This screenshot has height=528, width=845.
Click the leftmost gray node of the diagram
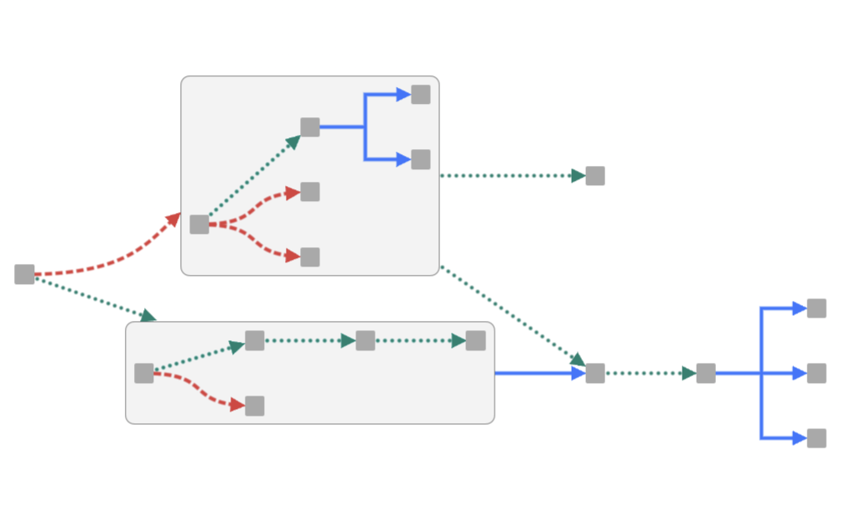tap(24, 274)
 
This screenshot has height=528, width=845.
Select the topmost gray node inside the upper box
tap(421, 94)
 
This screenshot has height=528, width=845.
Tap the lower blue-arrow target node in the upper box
tap(421, 159)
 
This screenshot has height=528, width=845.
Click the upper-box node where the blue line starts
tap(310, 127)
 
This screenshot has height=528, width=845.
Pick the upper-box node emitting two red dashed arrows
tap(199, 225)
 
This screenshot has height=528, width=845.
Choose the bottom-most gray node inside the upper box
tap(310, 256)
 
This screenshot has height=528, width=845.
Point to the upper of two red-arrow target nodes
tap(310, 192)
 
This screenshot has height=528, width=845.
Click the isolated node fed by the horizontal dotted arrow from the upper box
tap(595, 176)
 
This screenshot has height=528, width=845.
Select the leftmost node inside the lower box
tap(144, 373)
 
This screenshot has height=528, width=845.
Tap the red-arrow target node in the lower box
tap(255, 406)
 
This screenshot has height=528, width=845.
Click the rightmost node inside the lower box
tap(475, 340)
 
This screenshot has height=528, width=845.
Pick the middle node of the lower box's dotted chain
tap(365, 340)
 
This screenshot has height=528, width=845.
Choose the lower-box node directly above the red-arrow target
tap(255, 340)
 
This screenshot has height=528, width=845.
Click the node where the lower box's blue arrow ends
tap(595, 373)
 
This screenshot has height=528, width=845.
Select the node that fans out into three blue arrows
tap(706, 373)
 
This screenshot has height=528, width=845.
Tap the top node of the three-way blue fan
tap(816, 308)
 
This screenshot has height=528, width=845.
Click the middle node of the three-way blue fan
tap(816, 373)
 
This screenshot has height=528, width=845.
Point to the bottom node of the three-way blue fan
tap(816, 438)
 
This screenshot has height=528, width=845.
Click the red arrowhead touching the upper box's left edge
tap(174, 219)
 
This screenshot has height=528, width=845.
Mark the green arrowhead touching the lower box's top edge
tap(148, 316)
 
